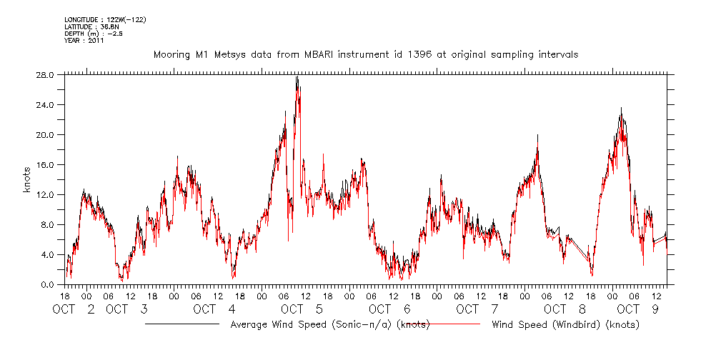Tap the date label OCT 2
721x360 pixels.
[74, 309]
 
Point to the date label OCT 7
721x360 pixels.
[475, 309]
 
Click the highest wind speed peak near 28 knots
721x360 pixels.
[297, 77]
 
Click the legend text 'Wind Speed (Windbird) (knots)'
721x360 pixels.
[565, 325]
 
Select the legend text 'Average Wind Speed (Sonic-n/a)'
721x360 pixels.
[313, 325]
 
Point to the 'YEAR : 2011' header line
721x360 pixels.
[84, 41]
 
